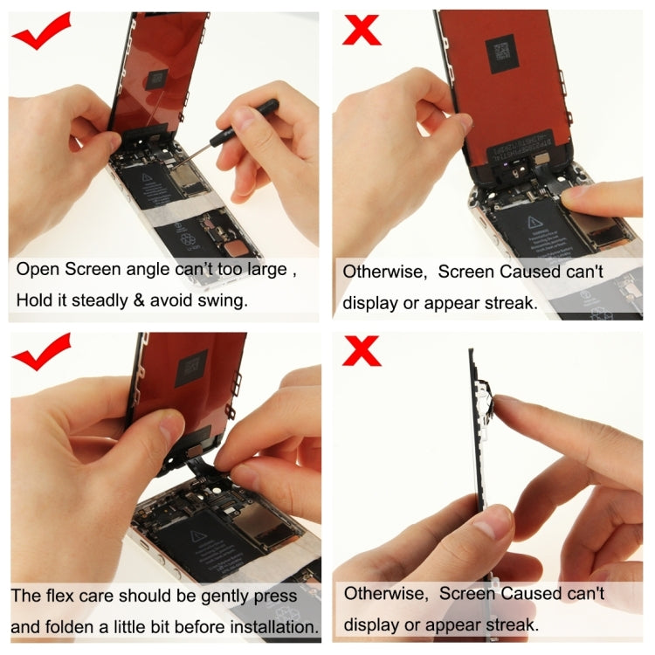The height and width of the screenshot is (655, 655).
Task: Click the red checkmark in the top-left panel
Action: tap(41, 32)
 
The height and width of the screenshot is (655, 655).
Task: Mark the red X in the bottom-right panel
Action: tap(361, 353)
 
